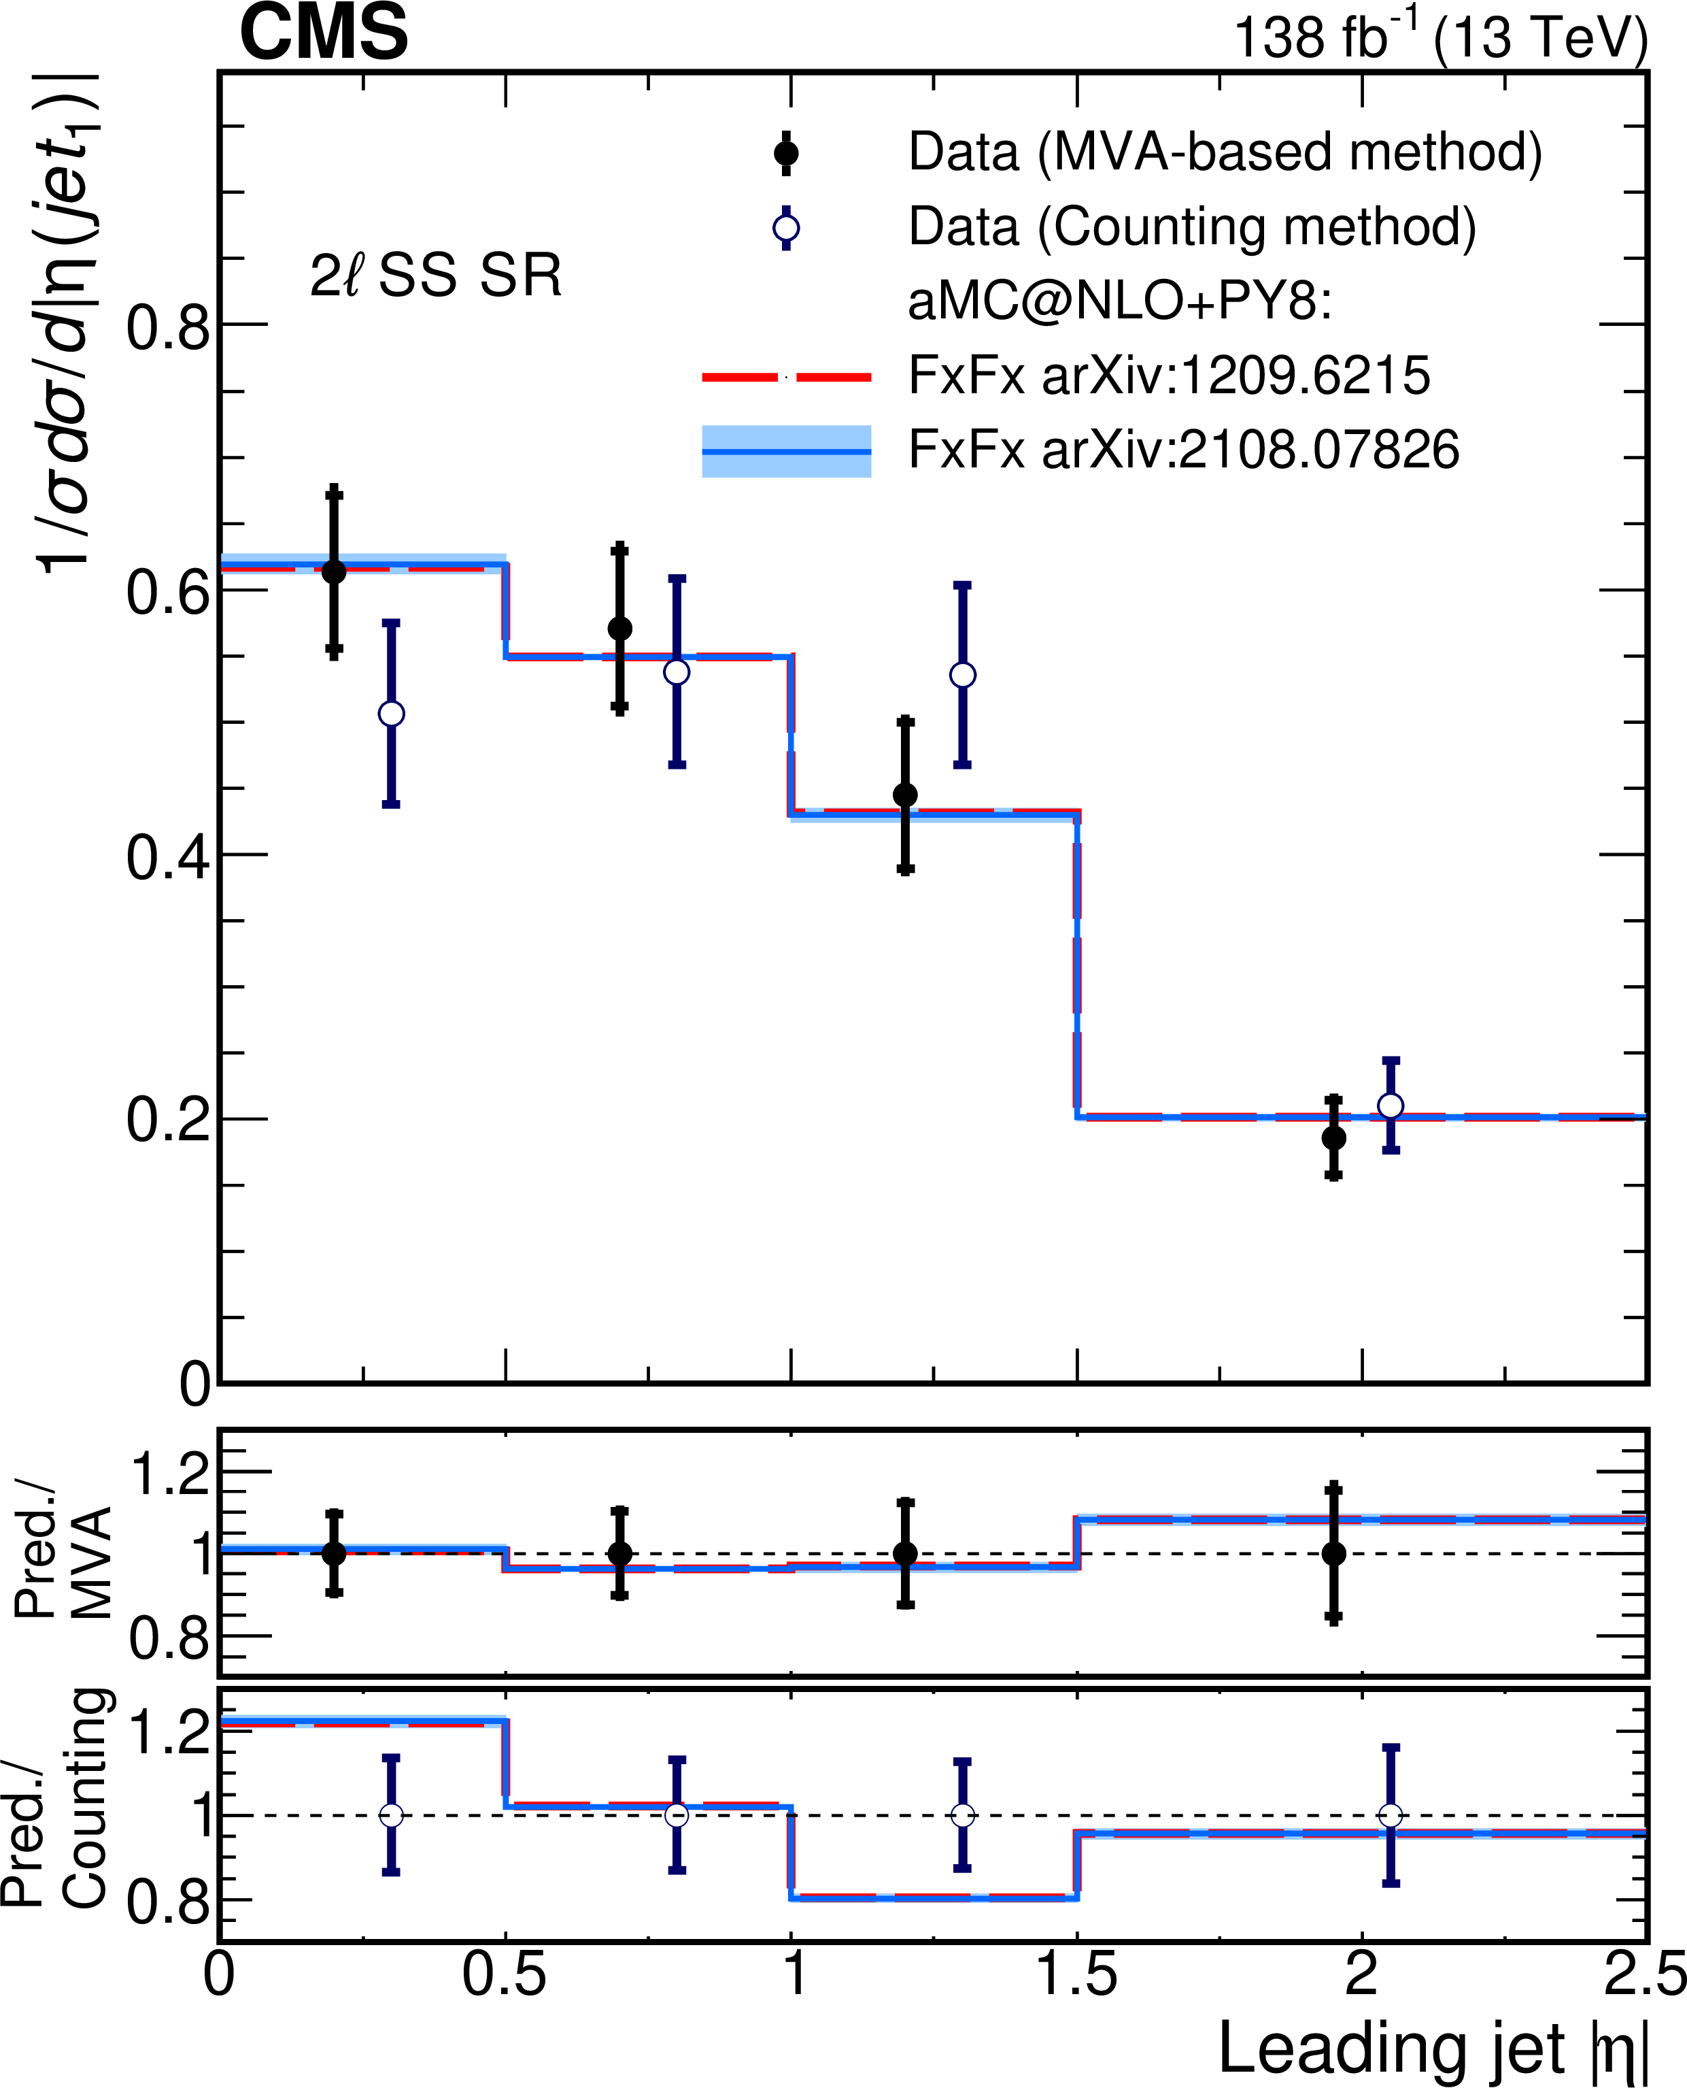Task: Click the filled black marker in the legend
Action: coord(785,154)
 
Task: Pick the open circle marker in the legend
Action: coord(785,229)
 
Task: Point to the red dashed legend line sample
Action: coord(785,377)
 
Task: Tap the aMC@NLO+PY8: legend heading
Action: coord(1119,302)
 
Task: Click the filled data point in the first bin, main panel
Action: coord(333,571)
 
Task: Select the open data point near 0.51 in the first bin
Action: coord(391,714)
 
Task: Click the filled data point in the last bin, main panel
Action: coord(1333,1138)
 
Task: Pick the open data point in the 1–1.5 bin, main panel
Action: coord(962,675)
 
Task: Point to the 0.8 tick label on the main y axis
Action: coord(167,327)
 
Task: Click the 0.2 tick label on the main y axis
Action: coord(167,1120)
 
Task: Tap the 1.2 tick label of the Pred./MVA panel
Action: coord(169,1474)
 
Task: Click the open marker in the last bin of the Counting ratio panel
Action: coord(1390,1815)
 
